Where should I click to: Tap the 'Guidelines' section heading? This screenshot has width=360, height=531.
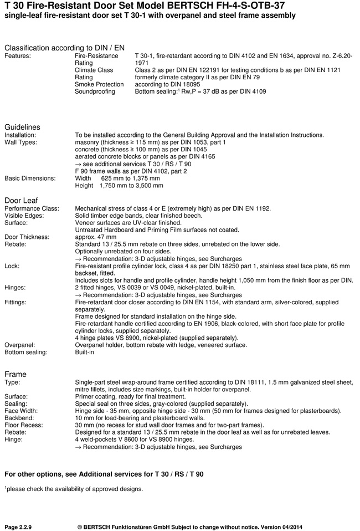tap(22, 127)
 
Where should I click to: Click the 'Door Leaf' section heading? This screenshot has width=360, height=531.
tap(21, 200)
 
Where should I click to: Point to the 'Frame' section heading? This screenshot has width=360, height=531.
tap(16, 374)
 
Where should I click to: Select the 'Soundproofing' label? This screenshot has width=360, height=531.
tap(95, 91)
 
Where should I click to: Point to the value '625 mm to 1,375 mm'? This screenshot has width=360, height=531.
tap(131, 178)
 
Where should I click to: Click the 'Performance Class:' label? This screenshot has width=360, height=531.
tap(32, 208)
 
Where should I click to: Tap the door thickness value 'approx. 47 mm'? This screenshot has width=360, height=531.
tap(96, 237)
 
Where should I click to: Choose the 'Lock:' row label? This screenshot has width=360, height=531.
tap(12, 266)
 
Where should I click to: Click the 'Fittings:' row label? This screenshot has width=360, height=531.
tap(17, 303)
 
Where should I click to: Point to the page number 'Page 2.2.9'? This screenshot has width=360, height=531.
tap(18, 526)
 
